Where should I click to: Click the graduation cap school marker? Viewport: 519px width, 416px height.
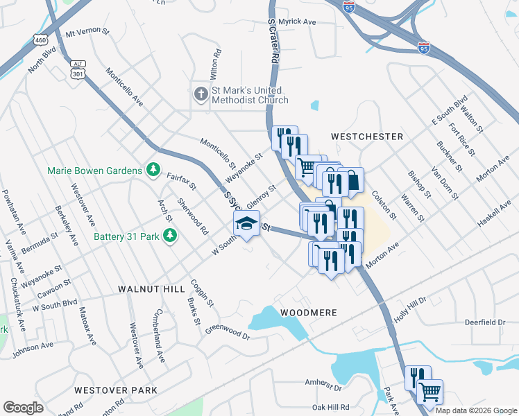245,224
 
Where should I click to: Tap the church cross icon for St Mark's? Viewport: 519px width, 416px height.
201,94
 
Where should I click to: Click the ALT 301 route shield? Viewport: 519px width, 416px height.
78,69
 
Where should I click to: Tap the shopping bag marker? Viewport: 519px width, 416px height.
352,180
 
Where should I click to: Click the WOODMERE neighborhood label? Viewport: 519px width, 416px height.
309,313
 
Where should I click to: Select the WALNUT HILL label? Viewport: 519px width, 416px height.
151,288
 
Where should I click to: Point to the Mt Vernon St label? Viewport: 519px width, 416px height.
87,33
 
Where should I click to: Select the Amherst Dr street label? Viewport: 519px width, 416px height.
324,382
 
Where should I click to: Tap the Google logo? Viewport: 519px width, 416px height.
24,408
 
